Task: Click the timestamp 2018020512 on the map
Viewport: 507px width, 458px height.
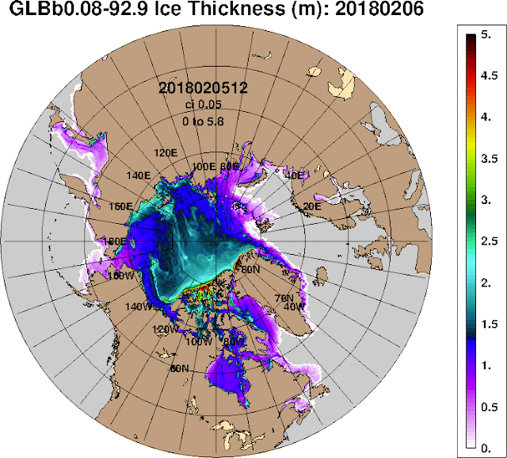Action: tap(204, 88)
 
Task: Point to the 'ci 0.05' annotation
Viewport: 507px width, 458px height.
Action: tap(204, 106)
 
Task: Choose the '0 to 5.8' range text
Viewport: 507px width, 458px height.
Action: tap(204, 121)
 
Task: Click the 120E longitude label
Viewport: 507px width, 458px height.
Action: tap(165, 152)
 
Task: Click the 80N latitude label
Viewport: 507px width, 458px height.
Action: tap(251, 269)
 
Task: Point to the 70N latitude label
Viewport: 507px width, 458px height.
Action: tap(283, 298)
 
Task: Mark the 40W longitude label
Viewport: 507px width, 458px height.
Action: tap(294, 307)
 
